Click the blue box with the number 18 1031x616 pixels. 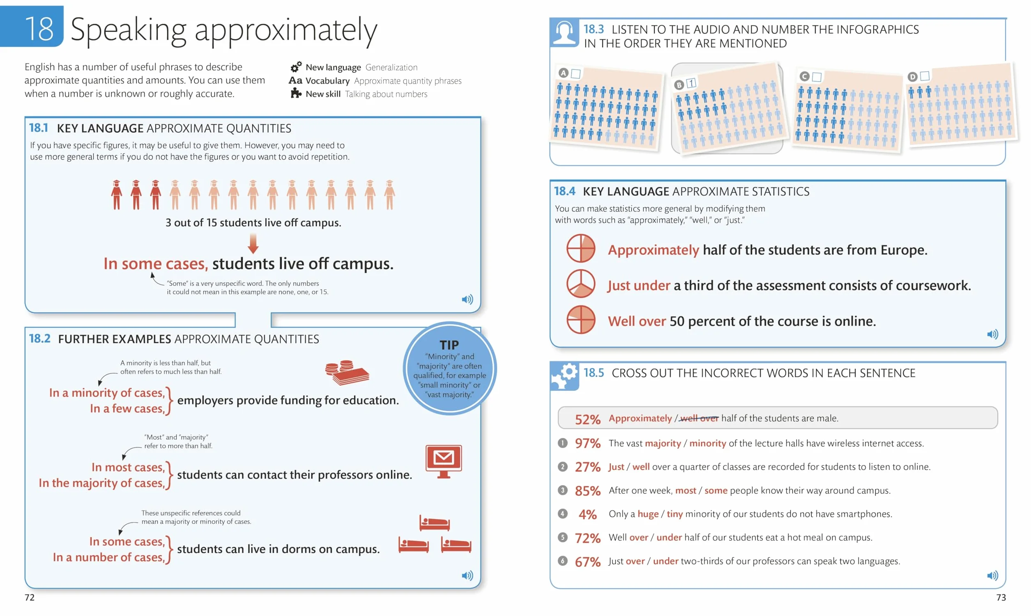pyautogui.click(x=32, y=26)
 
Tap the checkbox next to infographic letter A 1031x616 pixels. pyautogui.click(x=576, y=73)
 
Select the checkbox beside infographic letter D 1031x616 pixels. pyautogui.click(x=925, y=76)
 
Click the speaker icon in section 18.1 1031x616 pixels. pyautogui.click(x=467, y=299)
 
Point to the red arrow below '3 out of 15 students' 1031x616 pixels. pyautogui.click(x=253, y=244)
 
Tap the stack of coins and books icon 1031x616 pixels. pyautogui.click(x=347, y=372)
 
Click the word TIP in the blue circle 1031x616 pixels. pyautogui.click(x=449, y=345)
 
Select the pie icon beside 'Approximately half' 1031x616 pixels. pyautogui.click(x=581, y=248)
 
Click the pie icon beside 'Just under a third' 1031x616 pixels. pyautogui.click(x=581, y=284)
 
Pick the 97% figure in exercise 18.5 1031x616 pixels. pyautogui.click(x=587, y=443)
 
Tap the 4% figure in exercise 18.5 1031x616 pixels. pyautogui.click(x=587, y=514)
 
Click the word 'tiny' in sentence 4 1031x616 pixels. pyautogui.click(x=674, y=514)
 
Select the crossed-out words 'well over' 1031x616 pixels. pyautogui.click(x=700, y=418)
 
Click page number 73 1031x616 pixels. pyautogui.click(x=1001, y=597)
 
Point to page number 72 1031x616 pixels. pyautogui.click(x=30, y=597)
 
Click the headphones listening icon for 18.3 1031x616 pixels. pyautogui.click(x=564, y=32)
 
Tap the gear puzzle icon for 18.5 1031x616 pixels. pyautogui.click(x=564, y=376)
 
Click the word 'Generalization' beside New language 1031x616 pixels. pyautogui.click(x=391, y=67)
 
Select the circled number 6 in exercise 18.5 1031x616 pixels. pyautogui.click(x=562, y=561)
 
